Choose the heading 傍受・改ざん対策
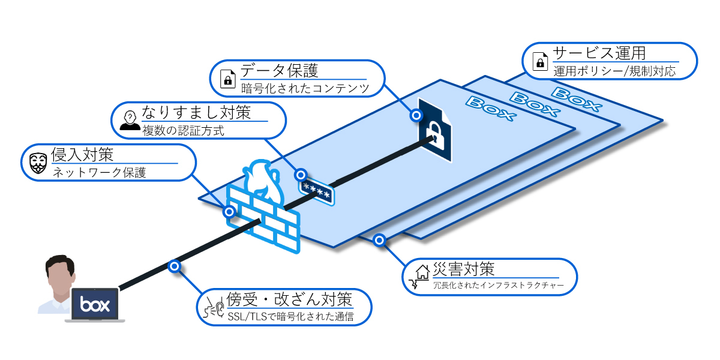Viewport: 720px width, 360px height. click(x=288, y=299)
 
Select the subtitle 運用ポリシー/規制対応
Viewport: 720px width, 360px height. click(x=614, y=71)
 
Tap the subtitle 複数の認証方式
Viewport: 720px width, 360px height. click(x=183, y=130)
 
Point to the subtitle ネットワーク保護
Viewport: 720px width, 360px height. click(x=100, y=173)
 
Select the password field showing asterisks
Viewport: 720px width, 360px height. click(x=316, y=190)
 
